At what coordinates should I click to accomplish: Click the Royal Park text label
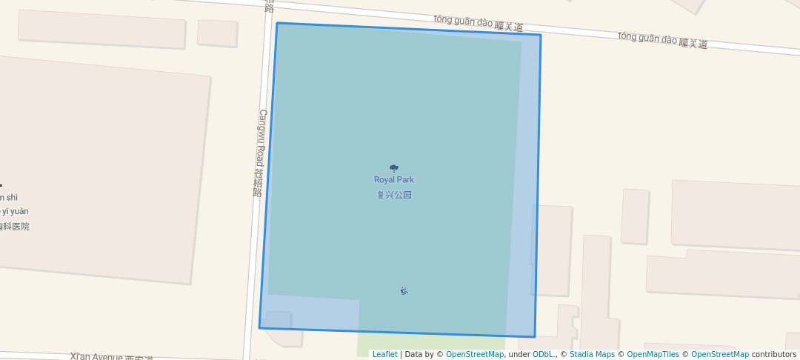click(393, 180)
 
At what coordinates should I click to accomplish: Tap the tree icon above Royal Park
click(393, 168)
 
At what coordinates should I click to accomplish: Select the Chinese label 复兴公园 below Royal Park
click(393, 196)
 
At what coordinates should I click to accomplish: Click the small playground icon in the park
click(404, 290)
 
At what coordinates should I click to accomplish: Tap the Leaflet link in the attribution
click(384, 355)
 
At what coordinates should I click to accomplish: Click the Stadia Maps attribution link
click(592, 355)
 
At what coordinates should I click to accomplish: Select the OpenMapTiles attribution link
click(653, 355)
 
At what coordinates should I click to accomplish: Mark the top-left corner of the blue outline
click(277, 23)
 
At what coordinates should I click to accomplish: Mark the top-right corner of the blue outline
click(540, 35)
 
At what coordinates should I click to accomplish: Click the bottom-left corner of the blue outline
click(259, 327)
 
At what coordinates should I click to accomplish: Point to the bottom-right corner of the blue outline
click(534, 337)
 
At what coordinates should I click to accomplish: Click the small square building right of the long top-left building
click(217, 33)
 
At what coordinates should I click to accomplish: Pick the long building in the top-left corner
click(101, 30)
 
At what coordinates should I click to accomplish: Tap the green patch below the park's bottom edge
click(430, 344)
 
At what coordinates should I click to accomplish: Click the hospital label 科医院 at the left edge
click(15, 227)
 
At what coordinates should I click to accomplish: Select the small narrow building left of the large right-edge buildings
click(635, 216)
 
